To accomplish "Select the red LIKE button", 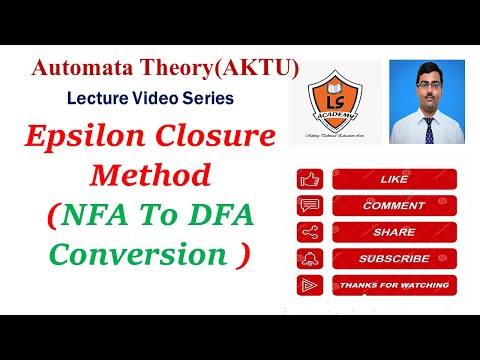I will pyautogui.click(x=379, y=180).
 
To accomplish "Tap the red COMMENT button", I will pyautogui.click(x=379, y=206).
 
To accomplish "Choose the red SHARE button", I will pyautogui.click(x=379, y=232).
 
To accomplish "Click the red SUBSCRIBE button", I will pyautogui.click(x=379, y=258).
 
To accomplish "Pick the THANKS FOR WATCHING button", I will pyautogui.click(x=379, y=285).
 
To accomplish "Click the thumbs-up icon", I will pyautogui.click(x=308, y=181).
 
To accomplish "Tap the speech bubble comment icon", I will pyautogui.click(x=308, y=207).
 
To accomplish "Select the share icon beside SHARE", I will pyautogui.click(x=308, y=233).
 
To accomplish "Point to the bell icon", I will pyautogui.click(x=308, y=259).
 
